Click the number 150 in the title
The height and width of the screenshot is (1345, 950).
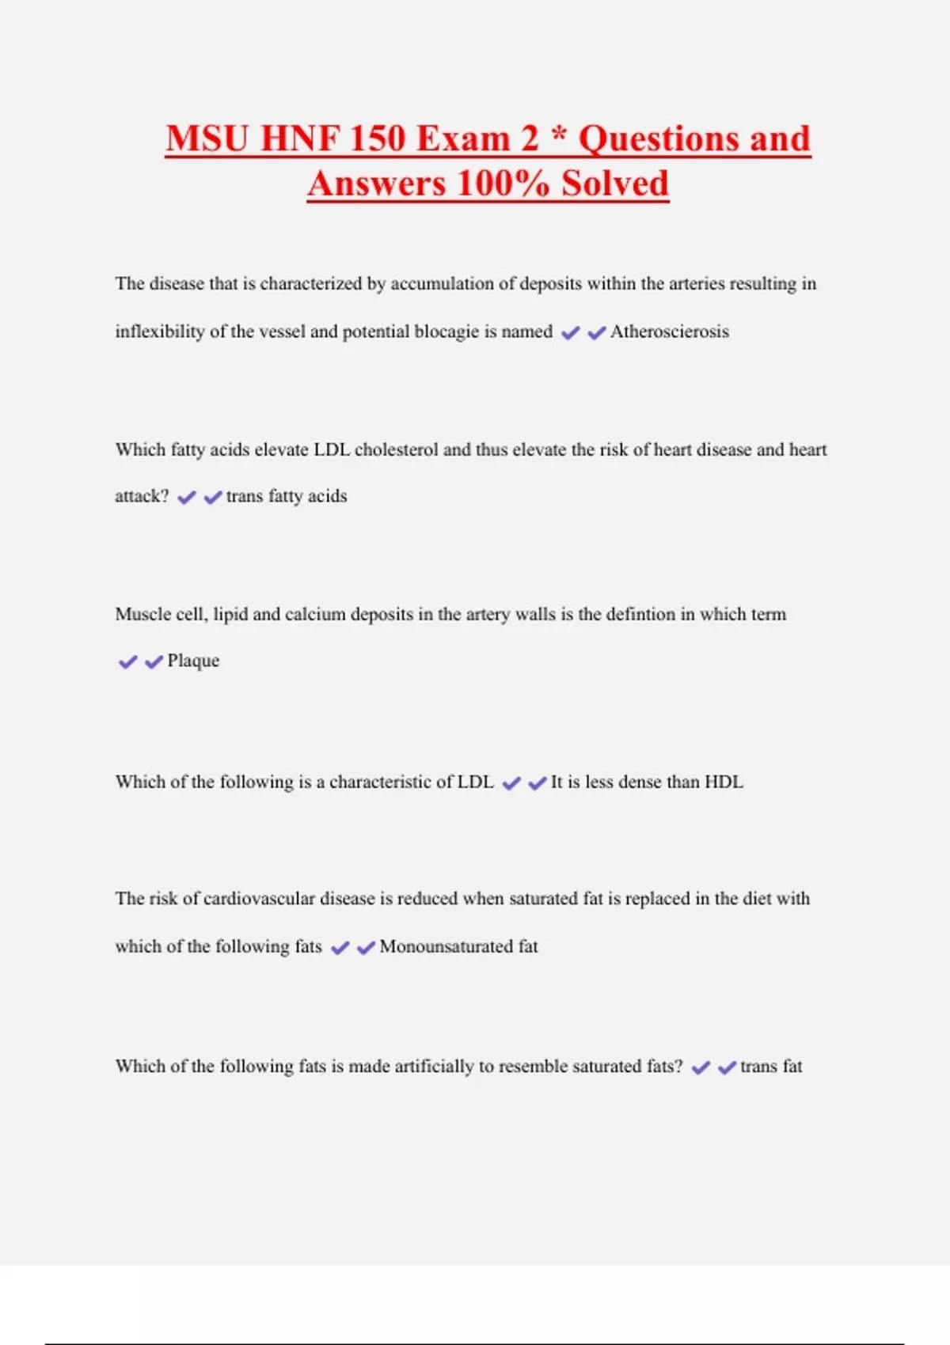[376, 138]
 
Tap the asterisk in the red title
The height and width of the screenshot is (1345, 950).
[559, 134]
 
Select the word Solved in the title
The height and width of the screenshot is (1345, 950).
[615, 184]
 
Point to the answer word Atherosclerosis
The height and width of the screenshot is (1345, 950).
[669, 332]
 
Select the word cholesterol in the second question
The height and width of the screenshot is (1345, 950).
[396, 449]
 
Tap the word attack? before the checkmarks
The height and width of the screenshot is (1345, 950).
[142, 496]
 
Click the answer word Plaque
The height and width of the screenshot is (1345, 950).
[193, 661]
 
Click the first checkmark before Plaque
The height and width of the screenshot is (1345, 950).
[127, 661]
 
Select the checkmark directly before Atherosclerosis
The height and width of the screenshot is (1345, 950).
[596, 333]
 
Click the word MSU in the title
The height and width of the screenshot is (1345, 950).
[207, 138]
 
